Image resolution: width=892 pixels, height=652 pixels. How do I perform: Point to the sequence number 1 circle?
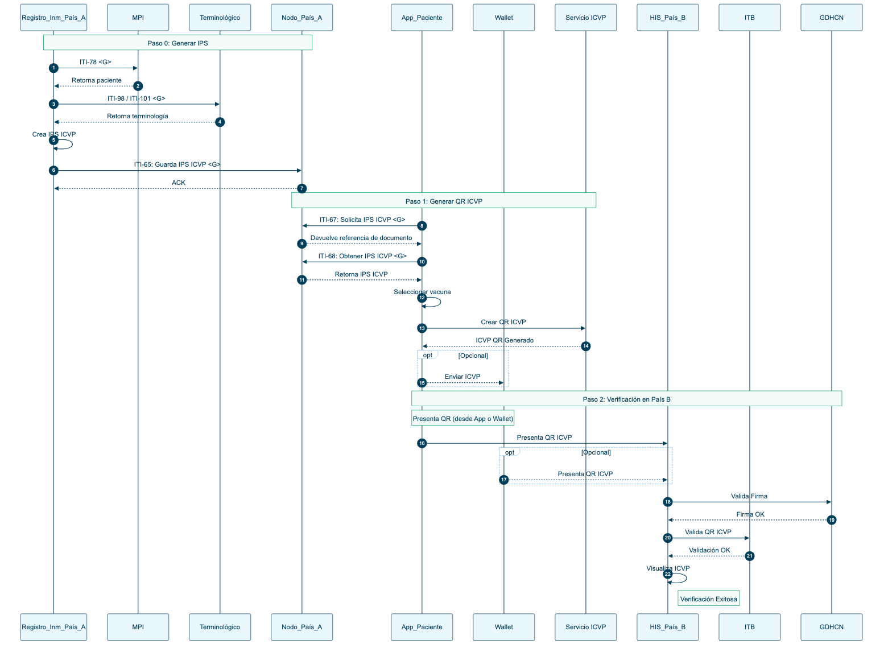53,68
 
